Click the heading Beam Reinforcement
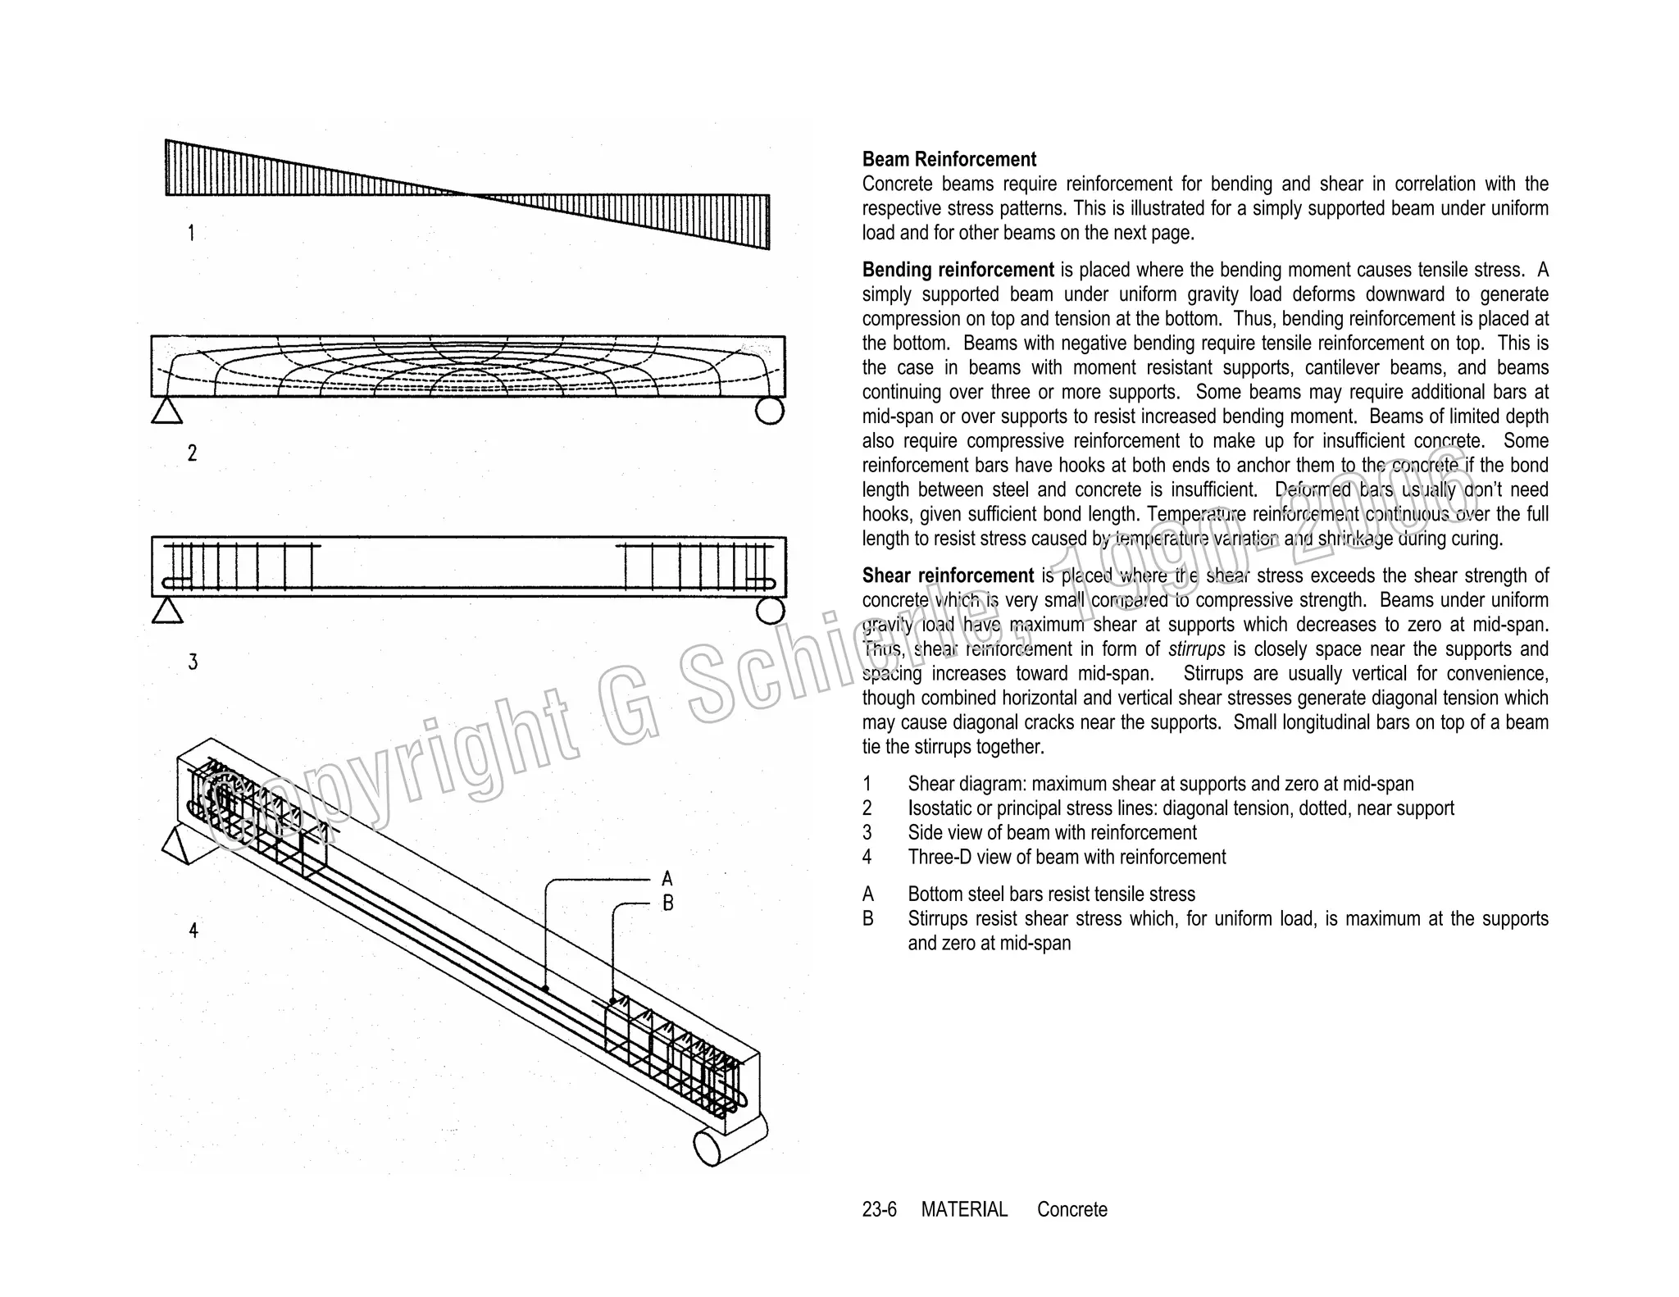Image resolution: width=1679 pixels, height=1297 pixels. [949, 160]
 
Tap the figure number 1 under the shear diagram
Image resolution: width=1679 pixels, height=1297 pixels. [191, 234]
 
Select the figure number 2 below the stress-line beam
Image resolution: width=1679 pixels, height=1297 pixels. [192, 453]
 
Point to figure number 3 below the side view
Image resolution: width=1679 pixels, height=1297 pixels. [193, 662]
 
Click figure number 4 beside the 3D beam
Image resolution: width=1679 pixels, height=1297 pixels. [193, 931]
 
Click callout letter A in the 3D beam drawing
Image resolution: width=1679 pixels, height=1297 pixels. [667, 880]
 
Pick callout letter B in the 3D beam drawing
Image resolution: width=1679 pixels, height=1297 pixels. [668, 903]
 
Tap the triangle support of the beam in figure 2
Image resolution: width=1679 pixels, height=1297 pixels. [167, 411]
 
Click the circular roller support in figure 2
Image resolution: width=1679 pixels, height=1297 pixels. [769, 410]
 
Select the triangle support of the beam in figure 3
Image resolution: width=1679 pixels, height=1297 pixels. [167, 611]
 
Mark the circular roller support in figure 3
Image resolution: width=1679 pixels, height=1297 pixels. [770, 611]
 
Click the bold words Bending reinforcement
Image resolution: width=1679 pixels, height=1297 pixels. [958, 271]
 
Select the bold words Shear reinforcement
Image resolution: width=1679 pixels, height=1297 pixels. [948, 576]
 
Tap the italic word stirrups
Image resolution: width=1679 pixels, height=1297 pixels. [1196, 649]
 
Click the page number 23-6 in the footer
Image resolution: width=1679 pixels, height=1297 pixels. [879, 1210]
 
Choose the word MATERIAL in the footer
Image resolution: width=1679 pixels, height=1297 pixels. [964, 1210]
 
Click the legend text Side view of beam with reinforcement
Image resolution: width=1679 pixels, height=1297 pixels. [1052, 833]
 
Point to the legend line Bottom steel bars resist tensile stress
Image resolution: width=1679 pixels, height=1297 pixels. [1051, 894]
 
